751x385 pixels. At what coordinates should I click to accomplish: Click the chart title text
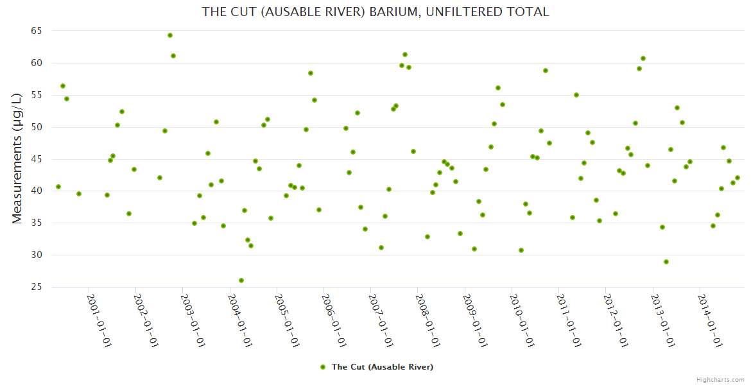(375, 12)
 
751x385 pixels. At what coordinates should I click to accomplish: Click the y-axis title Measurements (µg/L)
(17, 158)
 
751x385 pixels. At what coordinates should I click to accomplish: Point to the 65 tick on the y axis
(36, 31)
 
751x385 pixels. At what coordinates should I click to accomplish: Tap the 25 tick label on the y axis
(36, 287)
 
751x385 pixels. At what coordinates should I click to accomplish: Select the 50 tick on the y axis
(36, 127)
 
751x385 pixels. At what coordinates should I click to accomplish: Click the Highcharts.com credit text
(720, 379)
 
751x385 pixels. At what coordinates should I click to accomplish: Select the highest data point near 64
(170, 35)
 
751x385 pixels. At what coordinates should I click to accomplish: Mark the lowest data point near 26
(241, 280)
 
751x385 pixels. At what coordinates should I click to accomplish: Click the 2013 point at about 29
(666, 262)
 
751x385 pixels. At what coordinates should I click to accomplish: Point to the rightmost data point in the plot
(738, 178)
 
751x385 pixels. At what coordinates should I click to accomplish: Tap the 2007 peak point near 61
(405, 55)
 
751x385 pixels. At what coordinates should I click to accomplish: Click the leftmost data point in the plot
(58, 187)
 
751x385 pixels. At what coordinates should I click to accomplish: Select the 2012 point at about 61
(643, 58)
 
